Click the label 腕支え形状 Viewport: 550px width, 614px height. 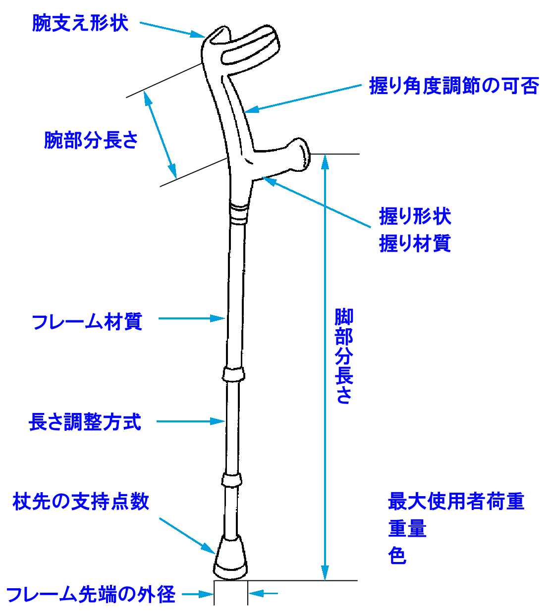point(80,23)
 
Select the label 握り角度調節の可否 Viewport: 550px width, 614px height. point(454,86)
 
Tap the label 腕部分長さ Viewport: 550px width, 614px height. point(91,140)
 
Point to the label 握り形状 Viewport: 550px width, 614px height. point(415,216)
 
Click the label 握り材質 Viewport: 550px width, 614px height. point(415,244)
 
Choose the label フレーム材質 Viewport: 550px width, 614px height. point(87,322)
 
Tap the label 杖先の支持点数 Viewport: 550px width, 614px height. point(81,502)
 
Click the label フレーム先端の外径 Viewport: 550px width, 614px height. point(91,594)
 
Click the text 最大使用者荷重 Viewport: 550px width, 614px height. point(456,502)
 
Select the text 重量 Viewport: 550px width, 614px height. point(407,528)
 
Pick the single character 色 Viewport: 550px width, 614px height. point(397,556)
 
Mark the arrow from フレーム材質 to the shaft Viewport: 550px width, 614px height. point(191,318)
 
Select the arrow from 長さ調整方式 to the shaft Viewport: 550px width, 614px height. point(191,421)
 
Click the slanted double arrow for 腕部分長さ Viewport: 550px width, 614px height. point(161,135)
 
